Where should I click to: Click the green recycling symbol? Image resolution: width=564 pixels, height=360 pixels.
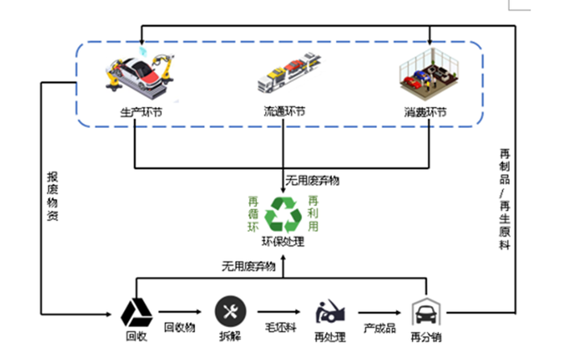click(x=283, y=215)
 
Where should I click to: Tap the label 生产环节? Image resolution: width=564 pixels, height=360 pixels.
click(x=136, y=112)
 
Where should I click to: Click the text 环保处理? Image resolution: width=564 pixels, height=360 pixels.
click(x=283, y=241)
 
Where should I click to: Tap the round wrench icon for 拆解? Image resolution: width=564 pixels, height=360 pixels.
click(x=229, y=311)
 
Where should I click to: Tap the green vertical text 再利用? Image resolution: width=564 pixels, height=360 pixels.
click(x=313, y=214)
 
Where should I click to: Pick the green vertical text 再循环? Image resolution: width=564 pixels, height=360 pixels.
click(x=252, y=215)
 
